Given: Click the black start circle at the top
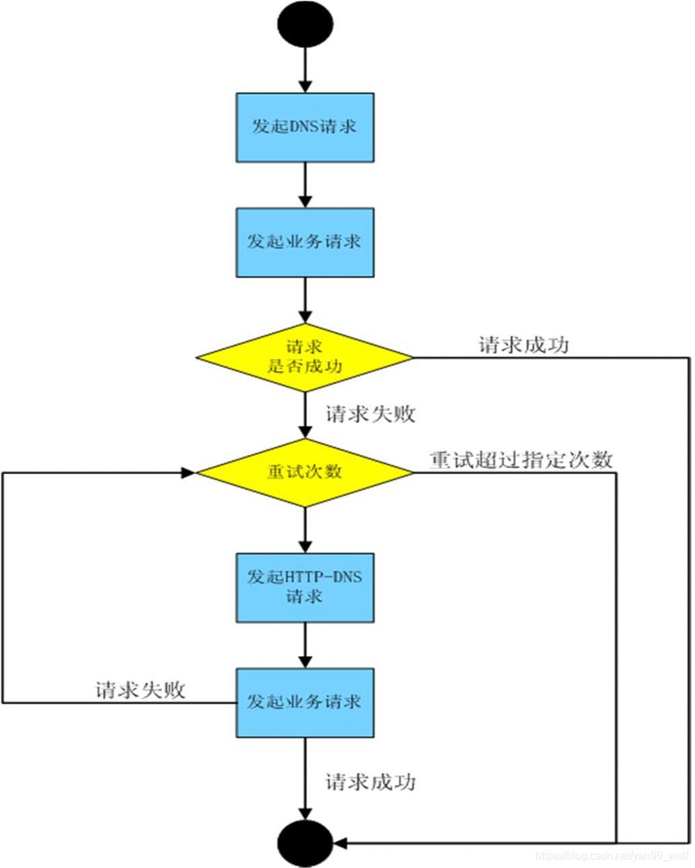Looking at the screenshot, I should (x=305, y=24).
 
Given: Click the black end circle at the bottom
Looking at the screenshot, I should (x=305, y=842).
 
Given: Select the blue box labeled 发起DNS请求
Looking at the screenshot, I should (x=305, y=127).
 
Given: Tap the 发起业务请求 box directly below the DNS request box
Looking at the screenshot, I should (x=305, y=242).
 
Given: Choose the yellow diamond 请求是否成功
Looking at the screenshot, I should (x=305, y=358).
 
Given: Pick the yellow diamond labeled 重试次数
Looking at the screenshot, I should (x=305, y=473).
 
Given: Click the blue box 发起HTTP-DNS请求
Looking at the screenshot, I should (x=305, y=587).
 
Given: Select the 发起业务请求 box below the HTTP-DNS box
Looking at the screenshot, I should (x=305, y=702).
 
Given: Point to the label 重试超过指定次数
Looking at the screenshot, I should (x=521, y=460).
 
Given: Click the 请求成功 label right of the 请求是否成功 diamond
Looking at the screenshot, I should (x=523, y=345).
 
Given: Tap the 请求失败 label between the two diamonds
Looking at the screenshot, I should (x=371, y=414).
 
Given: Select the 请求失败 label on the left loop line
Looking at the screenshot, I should (x=140, y=690).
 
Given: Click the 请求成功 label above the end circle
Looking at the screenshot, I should (x=371, y=782).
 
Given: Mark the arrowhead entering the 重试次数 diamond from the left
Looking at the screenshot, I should (x=188, y=473).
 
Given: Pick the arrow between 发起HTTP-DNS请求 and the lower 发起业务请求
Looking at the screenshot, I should (x=305, y=645).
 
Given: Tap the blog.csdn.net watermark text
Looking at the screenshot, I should (x=612, y=856).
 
